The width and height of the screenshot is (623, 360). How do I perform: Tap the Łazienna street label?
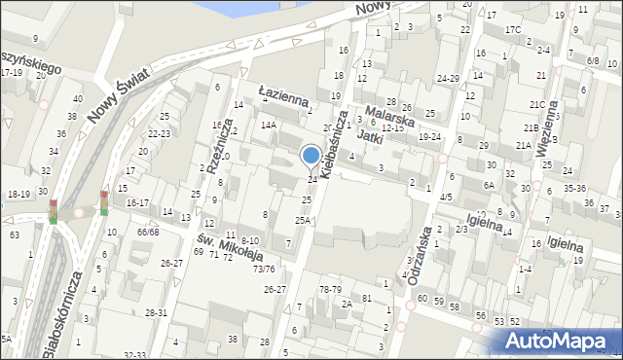pos(283,94)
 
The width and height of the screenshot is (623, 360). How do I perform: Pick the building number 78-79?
pos(330,290)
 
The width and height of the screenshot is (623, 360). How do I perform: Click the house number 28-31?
pos(156,312)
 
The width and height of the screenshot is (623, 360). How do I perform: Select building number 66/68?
pos(148,232)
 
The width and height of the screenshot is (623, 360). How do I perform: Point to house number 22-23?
pos(160,133)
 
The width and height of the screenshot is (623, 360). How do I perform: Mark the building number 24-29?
pos(448,78)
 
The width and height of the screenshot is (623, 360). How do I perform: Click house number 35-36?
pos(573,188)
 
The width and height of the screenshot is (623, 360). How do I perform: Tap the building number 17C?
pos(512,30)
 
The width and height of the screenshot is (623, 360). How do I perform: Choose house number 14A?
pos(268,126)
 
